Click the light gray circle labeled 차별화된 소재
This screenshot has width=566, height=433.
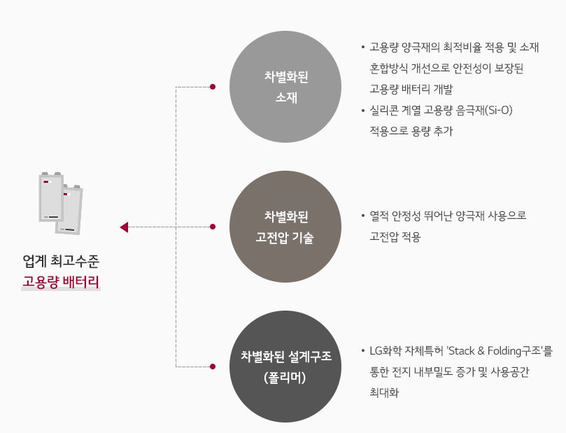tap(285, 87)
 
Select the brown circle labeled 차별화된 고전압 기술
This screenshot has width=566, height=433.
tap(285, 227)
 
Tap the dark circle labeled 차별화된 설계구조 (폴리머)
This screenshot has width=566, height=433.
tap(285, 367)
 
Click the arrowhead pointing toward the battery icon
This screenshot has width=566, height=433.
tap(124, 227)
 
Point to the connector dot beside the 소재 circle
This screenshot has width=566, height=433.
tap(213, 87)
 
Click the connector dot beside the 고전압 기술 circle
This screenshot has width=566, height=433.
tap(213, 227)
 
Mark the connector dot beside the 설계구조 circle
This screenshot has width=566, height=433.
tap(213, 366)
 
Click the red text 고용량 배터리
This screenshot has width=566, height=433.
tap(61, 283)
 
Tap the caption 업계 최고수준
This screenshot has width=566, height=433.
tap(61, 262)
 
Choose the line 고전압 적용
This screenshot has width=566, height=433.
tap(395, 237)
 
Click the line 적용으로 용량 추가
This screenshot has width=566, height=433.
tap(411, 131)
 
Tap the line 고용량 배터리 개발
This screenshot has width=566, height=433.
tap(411, 89)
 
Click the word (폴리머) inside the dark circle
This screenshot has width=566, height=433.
tap(285, 377)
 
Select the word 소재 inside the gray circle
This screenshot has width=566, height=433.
tap(285, 97)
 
